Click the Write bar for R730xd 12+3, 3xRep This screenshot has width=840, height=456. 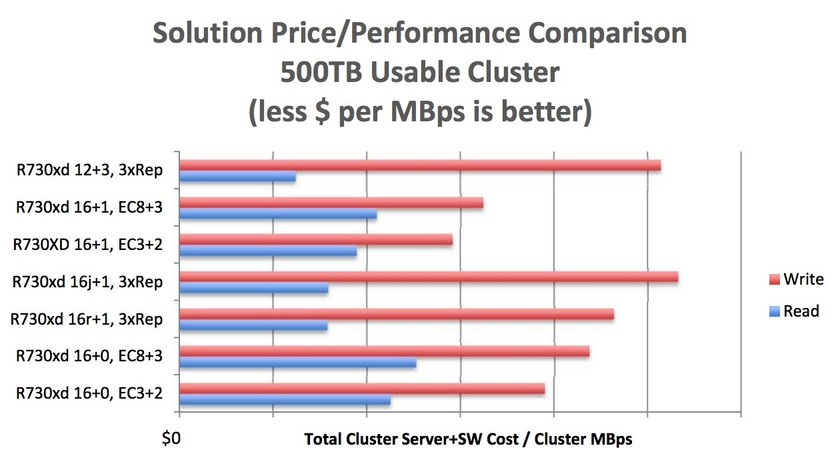[420, 165]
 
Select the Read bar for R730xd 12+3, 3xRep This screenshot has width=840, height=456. [238, 177]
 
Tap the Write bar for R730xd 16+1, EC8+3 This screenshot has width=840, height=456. [331, 203]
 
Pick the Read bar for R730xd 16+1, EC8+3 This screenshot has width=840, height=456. [279, 215]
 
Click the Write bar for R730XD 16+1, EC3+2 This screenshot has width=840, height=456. [316, 240]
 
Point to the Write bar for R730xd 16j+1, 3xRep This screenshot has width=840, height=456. [429, 277]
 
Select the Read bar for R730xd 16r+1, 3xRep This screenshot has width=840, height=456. [254, 326]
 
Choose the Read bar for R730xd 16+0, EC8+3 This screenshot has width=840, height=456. [298, 363]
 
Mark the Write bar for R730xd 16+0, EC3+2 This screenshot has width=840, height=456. [362, 389]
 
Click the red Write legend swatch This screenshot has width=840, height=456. [774, 280]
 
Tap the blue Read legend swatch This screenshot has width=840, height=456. [774, 311]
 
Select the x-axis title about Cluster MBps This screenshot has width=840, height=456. [468, 439]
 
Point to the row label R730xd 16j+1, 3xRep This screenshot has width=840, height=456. [87, 282]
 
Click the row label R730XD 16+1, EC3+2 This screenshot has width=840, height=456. [88, 245]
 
